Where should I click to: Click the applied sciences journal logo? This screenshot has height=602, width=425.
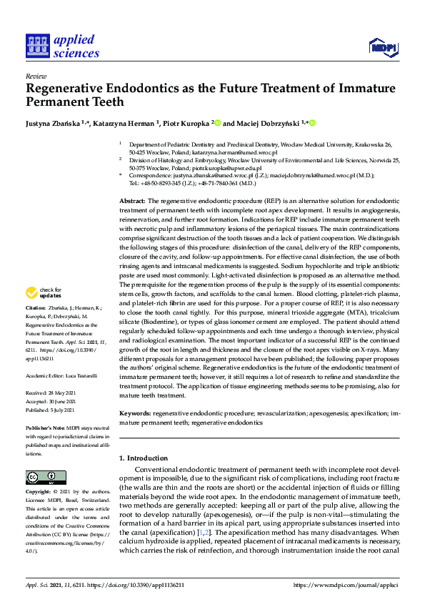coord(62,46)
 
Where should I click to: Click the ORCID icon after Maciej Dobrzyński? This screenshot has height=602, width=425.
coord(311,123)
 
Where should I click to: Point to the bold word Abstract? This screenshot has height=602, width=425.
coord(132,201)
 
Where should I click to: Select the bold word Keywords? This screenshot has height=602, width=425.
coord(134,413)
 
